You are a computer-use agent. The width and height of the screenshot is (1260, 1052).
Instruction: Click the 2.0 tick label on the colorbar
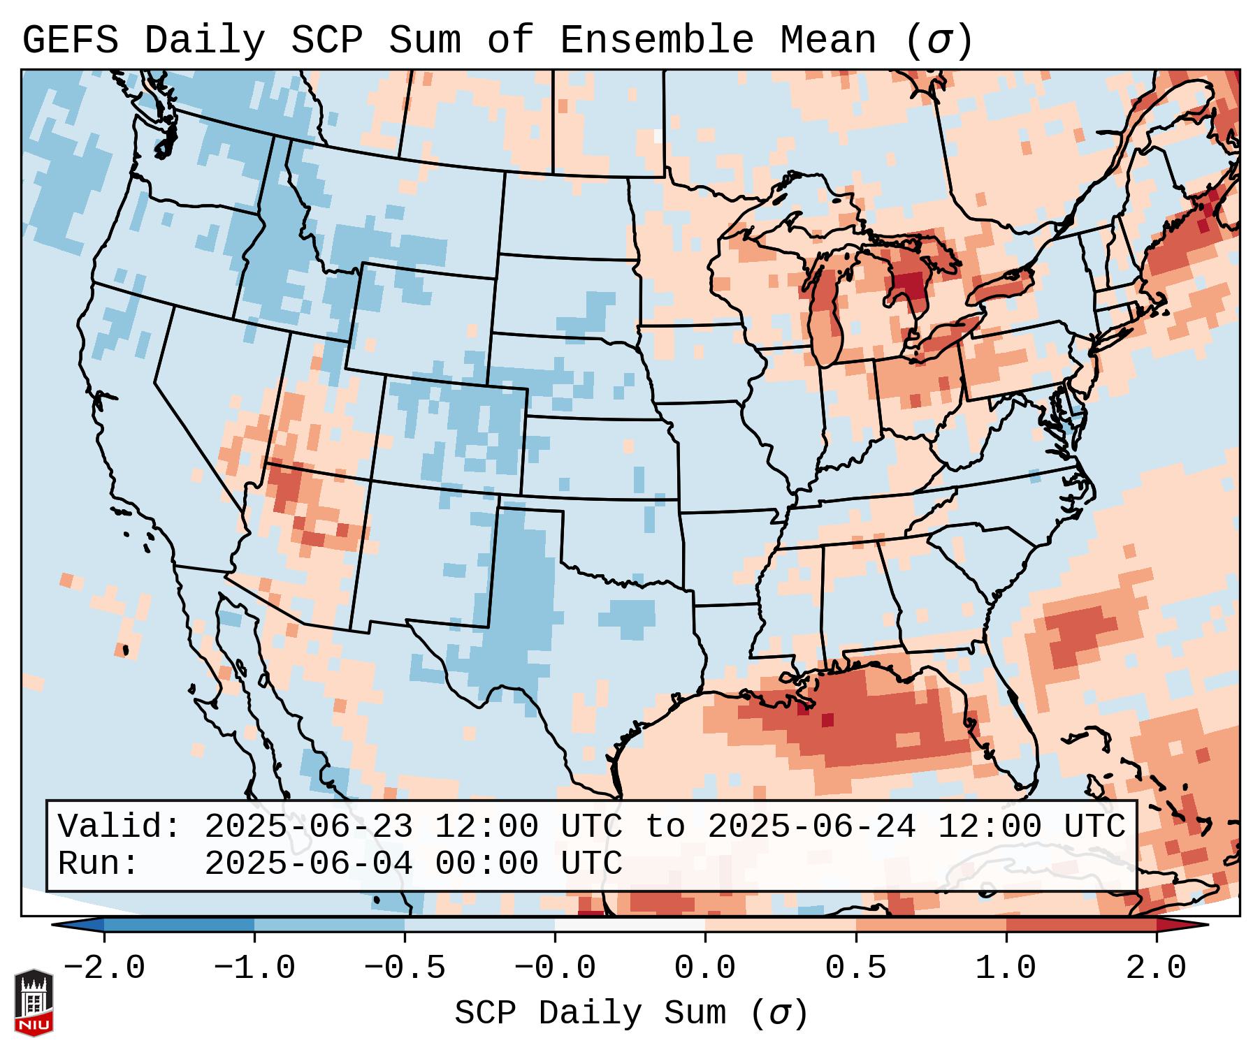point(1156,968)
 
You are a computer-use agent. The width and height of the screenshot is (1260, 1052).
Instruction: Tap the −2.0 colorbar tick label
point(104,968)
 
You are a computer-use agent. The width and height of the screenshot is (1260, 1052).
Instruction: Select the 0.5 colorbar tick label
point(855,968)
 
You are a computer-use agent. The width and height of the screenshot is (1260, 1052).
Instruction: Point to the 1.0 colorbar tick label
point(1006,968)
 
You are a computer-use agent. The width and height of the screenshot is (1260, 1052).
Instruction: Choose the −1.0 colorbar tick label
point(254,968)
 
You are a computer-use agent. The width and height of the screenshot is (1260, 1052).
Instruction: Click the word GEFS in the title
point(71,41)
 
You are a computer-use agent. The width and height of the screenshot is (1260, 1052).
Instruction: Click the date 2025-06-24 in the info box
point(811,826)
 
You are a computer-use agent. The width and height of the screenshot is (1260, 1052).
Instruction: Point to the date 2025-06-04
point(308,863)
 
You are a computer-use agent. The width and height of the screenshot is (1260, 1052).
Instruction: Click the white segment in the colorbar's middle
point(630,925)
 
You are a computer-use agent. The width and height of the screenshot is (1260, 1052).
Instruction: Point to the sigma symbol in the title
point(939,41)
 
